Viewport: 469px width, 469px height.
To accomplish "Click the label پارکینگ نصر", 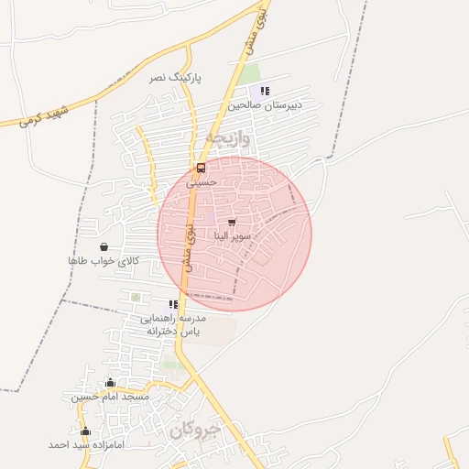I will [175, 78].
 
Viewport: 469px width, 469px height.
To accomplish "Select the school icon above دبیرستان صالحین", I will [265, 91].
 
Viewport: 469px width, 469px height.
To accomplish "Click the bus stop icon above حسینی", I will [202, 169].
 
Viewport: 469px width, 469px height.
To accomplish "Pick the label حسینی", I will [202, 182].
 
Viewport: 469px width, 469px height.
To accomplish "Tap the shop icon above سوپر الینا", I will [231, 222].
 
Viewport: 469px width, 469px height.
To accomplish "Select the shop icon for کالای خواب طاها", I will [104, 246].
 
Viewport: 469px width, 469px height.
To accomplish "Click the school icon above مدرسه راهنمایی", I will [173, 304].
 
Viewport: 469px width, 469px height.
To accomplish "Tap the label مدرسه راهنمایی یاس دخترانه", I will [173, 323].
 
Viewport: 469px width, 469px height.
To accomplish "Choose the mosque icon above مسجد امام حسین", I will [110, 383].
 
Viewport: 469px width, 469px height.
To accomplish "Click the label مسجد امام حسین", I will [110, 398].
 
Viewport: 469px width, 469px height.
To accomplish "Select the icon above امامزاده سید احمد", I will [86, 431].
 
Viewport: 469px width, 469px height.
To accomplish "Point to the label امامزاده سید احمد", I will [86, 444].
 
